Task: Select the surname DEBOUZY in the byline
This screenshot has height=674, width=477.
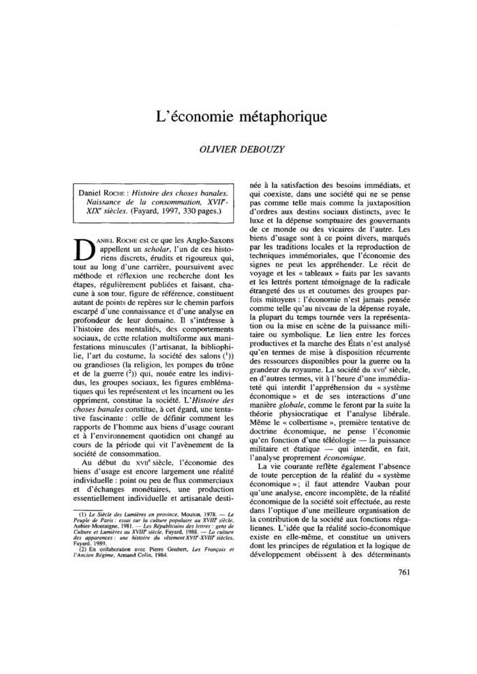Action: click(264, 150)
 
